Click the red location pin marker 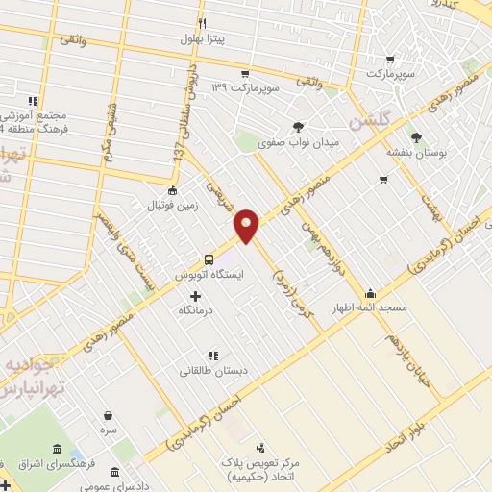click(x=248, y=225)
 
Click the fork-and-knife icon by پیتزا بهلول click(x=202, y=23)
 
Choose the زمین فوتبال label click(x=170, y=206)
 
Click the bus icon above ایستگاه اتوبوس click(x=209, y=258)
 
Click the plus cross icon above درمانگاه click(x=196, y=296)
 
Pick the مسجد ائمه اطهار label click(x=370, y=308)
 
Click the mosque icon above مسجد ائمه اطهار click(x=370, y=293)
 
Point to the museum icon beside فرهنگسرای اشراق click(x=58, y=450)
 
